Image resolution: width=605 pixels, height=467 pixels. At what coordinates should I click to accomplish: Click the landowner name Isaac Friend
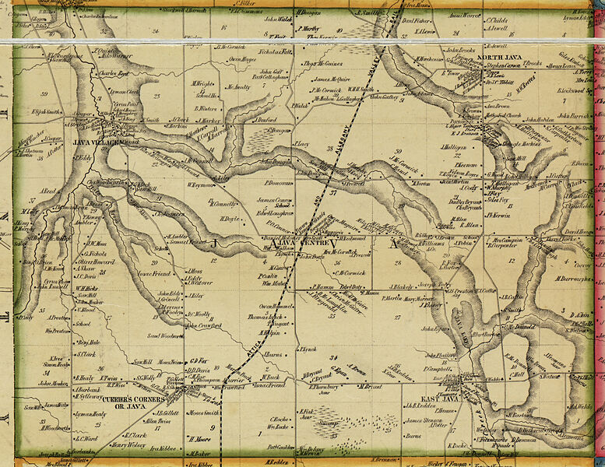(154, 274)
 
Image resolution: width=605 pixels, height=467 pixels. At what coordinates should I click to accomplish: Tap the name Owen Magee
(241, 59)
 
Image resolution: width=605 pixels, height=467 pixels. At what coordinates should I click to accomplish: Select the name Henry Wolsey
(128, 445)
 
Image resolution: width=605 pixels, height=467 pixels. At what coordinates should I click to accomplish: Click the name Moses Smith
(204, 413)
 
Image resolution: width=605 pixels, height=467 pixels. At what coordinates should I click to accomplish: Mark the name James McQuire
(333, 79)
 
